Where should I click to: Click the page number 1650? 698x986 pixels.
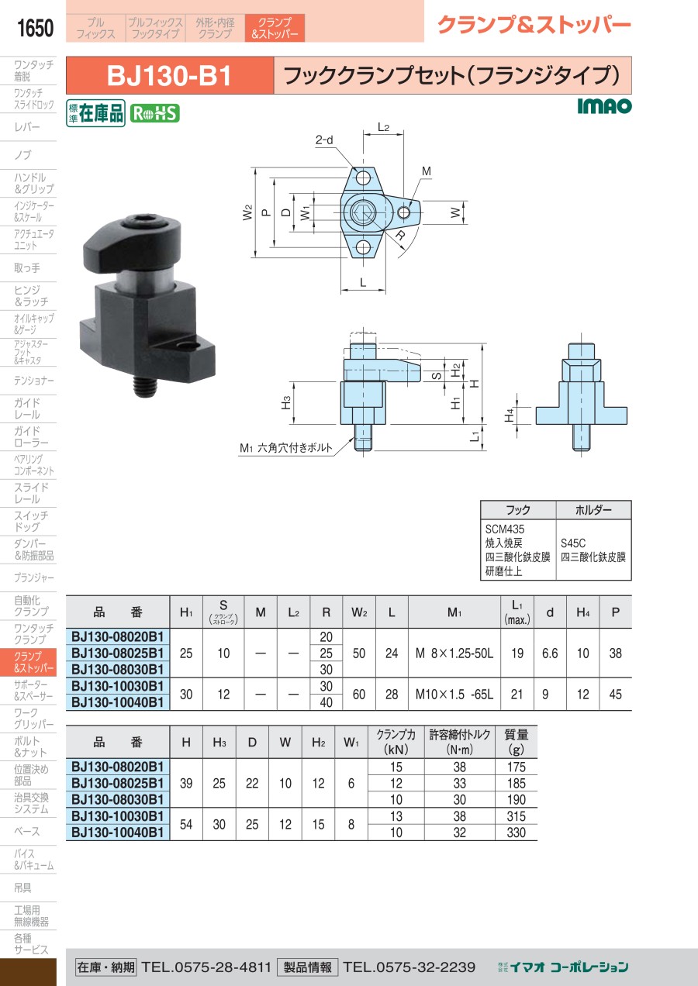[x=35, y=28]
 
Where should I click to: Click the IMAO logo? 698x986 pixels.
[x=604, y=106]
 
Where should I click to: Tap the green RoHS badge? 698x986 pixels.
[x=154, y=114]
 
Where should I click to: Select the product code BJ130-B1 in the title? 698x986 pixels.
[x=169, y=76]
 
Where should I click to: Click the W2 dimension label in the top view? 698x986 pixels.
[x=248, y=212]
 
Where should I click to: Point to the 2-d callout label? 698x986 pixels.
[x=324, y=140]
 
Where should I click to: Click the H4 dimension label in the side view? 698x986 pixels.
[x=509, y=415]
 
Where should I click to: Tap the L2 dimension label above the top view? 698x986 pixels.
[x=383, y=128]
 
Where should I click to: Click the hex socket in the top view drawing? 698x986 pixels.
[x=363, y=213]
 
